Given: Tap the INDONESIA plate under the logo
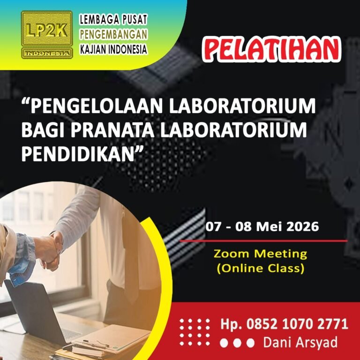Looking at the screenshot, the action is pyautogui.click(x=47, y=53).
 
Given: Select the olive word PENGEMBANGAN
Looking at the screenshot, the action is pyautogui.click(x=113, y=34).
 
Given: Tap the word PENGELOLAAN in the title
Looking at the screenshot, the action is pyautogui.click(x=95, y=106).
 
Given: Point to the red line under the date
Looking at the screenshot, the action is pyautogui.click(x=264, y=241).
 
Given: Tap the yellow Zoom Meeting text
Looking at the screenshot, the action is pyautogui.click(x=260, y=254).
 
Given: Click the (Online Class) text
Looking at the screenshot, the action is pyautogui.click(x=261, y=268).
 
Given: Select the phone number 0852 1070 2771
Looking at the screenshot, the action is pyautogui.click(x=297, y=324).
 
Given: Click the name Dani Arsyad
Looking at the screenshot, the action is pyautogui.click(x=300, y=342).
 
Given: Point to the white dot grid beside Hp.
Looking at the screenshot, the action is pyautogui.click(x=195, y=332).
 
